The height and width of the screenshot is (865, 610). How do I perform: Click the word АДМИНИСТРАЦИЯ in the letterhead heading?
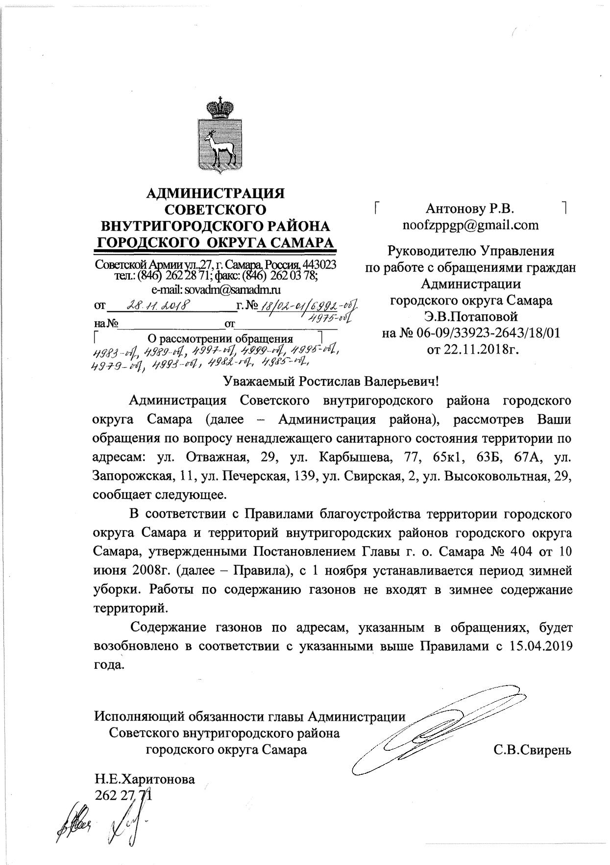pyautogui.click(x=216, y=193)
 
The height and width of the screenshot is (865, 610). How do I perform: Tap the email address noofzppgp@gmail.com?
pyautogui.click(x=470, y=225)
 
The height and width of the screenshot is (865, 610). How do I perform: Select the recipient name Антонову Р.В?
pyautogui.click(x=470, y=209)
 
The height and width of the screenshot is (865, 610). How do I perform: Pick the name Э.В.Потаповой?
pyautogui.click(x=470, y=317)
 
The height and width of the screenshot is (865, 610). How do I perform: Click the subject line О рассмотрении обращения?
pyautogui.click(x=220, y=339)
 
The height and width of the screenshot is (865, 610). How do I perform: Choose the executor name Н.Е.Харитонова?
pyautogui.click(x=145, y=779)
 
